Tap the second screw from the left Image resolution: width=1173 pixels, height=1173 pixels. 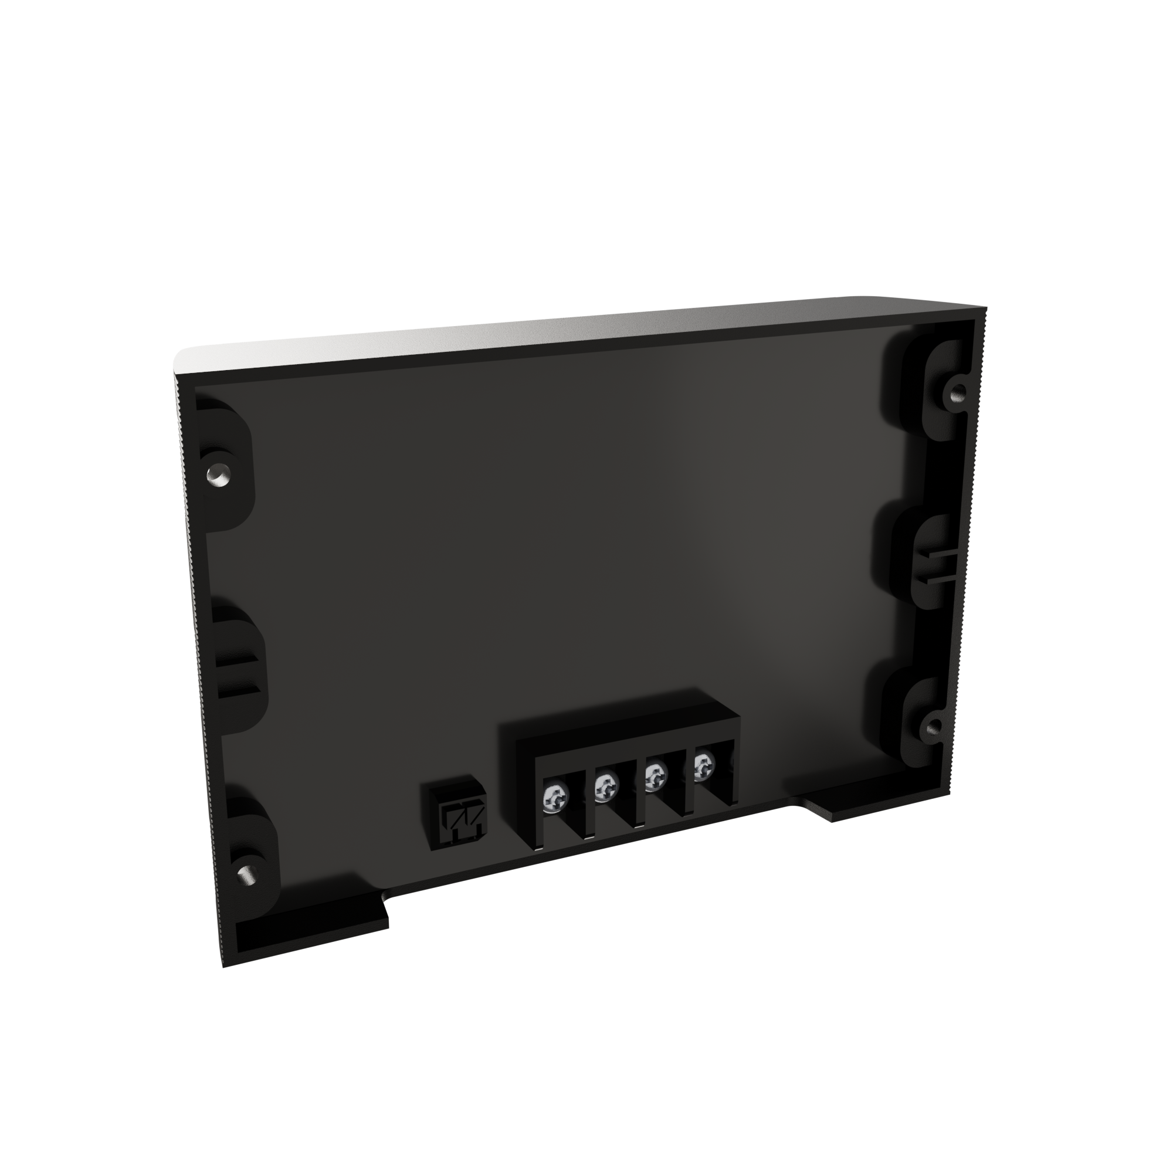tap(605, 788)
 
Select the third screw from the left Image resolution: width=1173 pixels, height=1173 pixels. tap(655, 775)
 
